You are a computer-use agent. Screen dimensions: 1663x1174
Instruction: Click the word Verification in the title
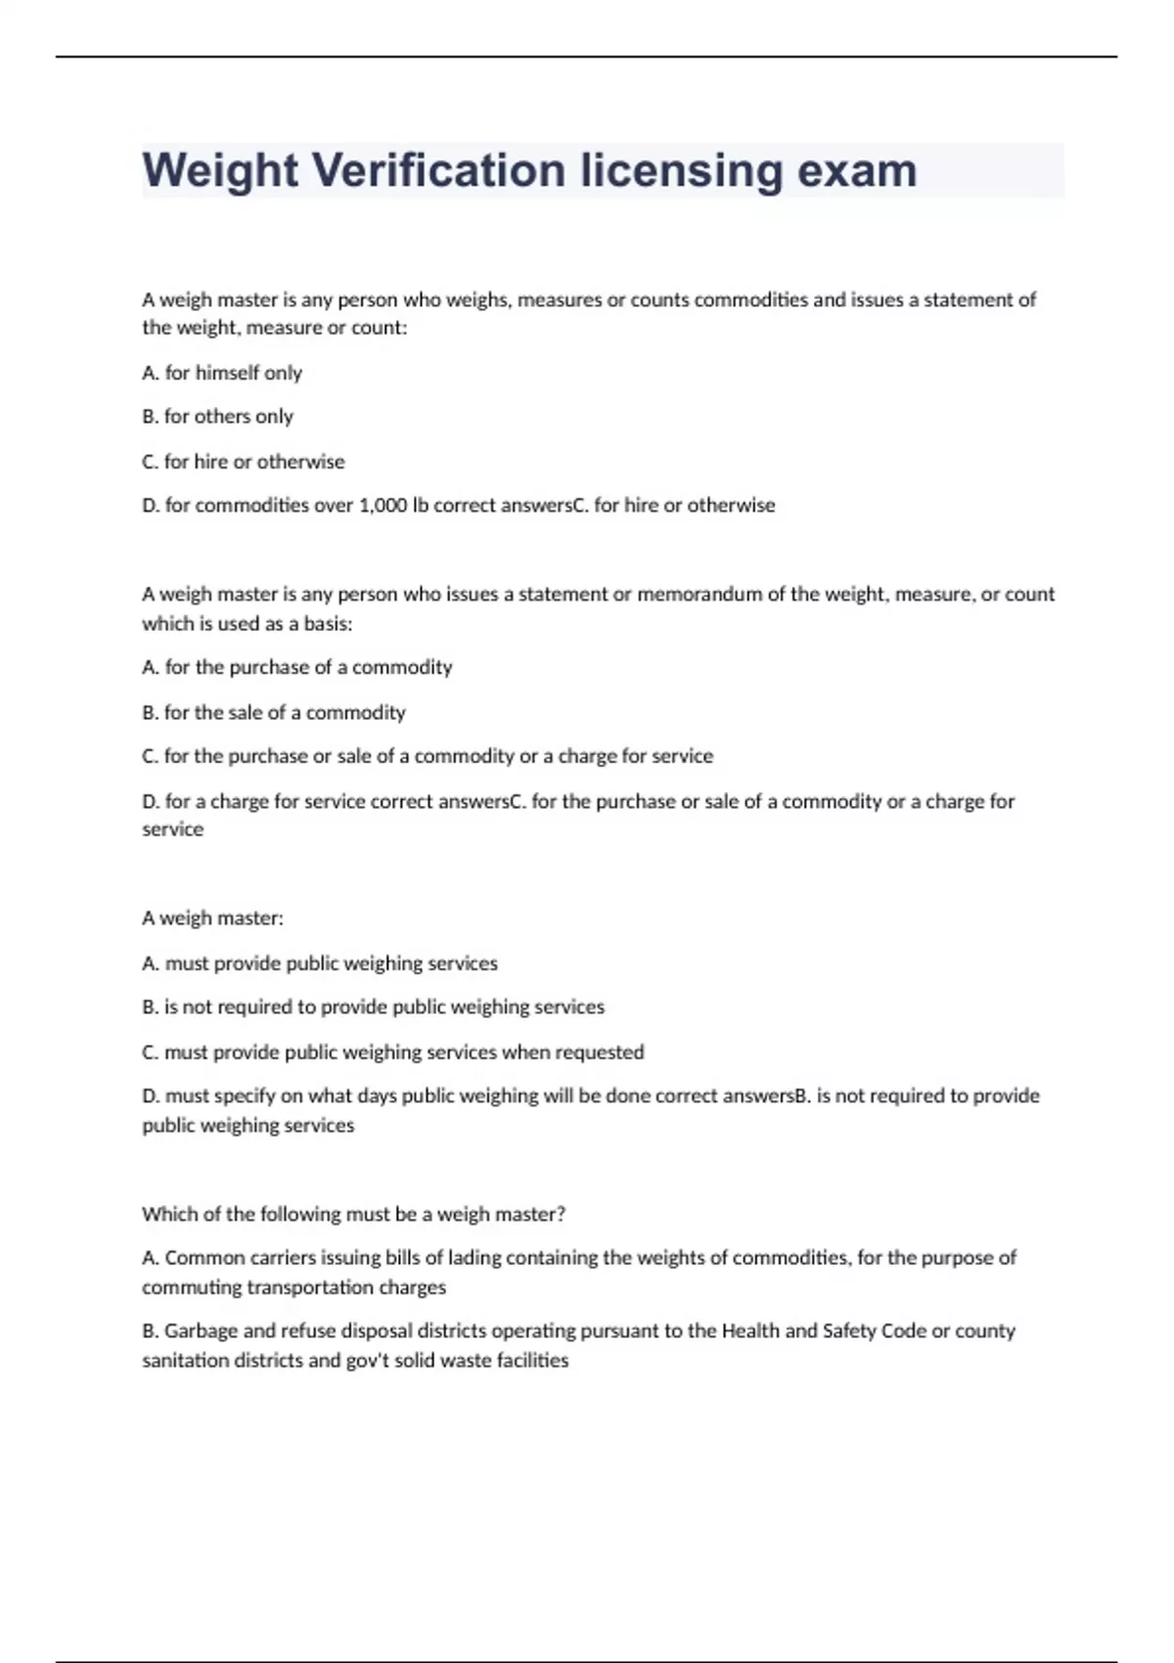(x=439, y=170)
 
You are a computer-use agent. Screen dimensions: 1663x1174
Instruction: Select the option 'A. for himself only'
(x=222, y=373)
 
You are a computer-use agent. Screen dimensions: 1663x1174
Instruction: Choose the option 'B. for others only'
(x=217, y=417)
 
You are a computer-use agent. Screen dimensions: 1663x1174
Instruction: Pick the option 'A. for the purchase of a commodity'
(x=296, y=667)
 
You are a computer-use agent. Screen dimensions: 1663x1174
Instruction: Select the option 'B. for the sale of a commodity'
(x=273, y=712)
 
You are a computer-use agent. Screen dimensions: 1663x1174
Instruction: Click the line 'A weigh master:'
(x=212, y=919)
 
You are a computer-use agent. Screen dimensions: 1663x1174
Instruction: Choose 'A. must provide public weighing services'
(x=319, y=964)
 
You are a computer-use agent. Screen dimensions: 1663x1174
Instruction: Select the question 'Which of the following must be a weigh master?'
(x=353, y=1214)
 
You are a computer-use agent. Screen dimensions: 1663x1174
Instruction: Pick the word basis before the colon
(x=323, y=623)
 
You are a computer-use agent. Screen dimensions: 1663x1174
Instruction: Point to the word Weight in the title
(x=220, y=170)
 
